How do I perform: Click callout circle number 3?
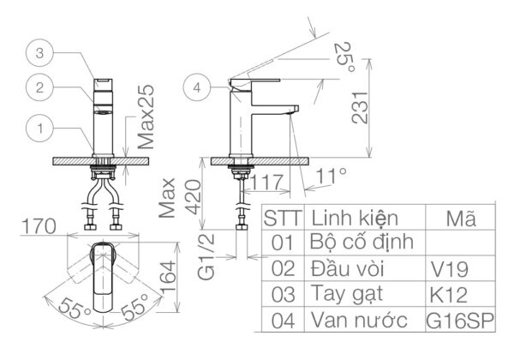[39, 53]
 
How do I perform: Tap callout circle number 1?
[39, 129]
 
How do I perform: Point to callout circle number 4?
[198, 87]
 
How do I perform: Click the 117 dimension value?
[268, 182]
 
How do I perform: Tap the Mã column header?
[463, 217]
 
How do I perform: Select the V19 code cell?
[449, 269]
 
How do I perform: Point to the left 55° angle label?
[73, 311]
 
